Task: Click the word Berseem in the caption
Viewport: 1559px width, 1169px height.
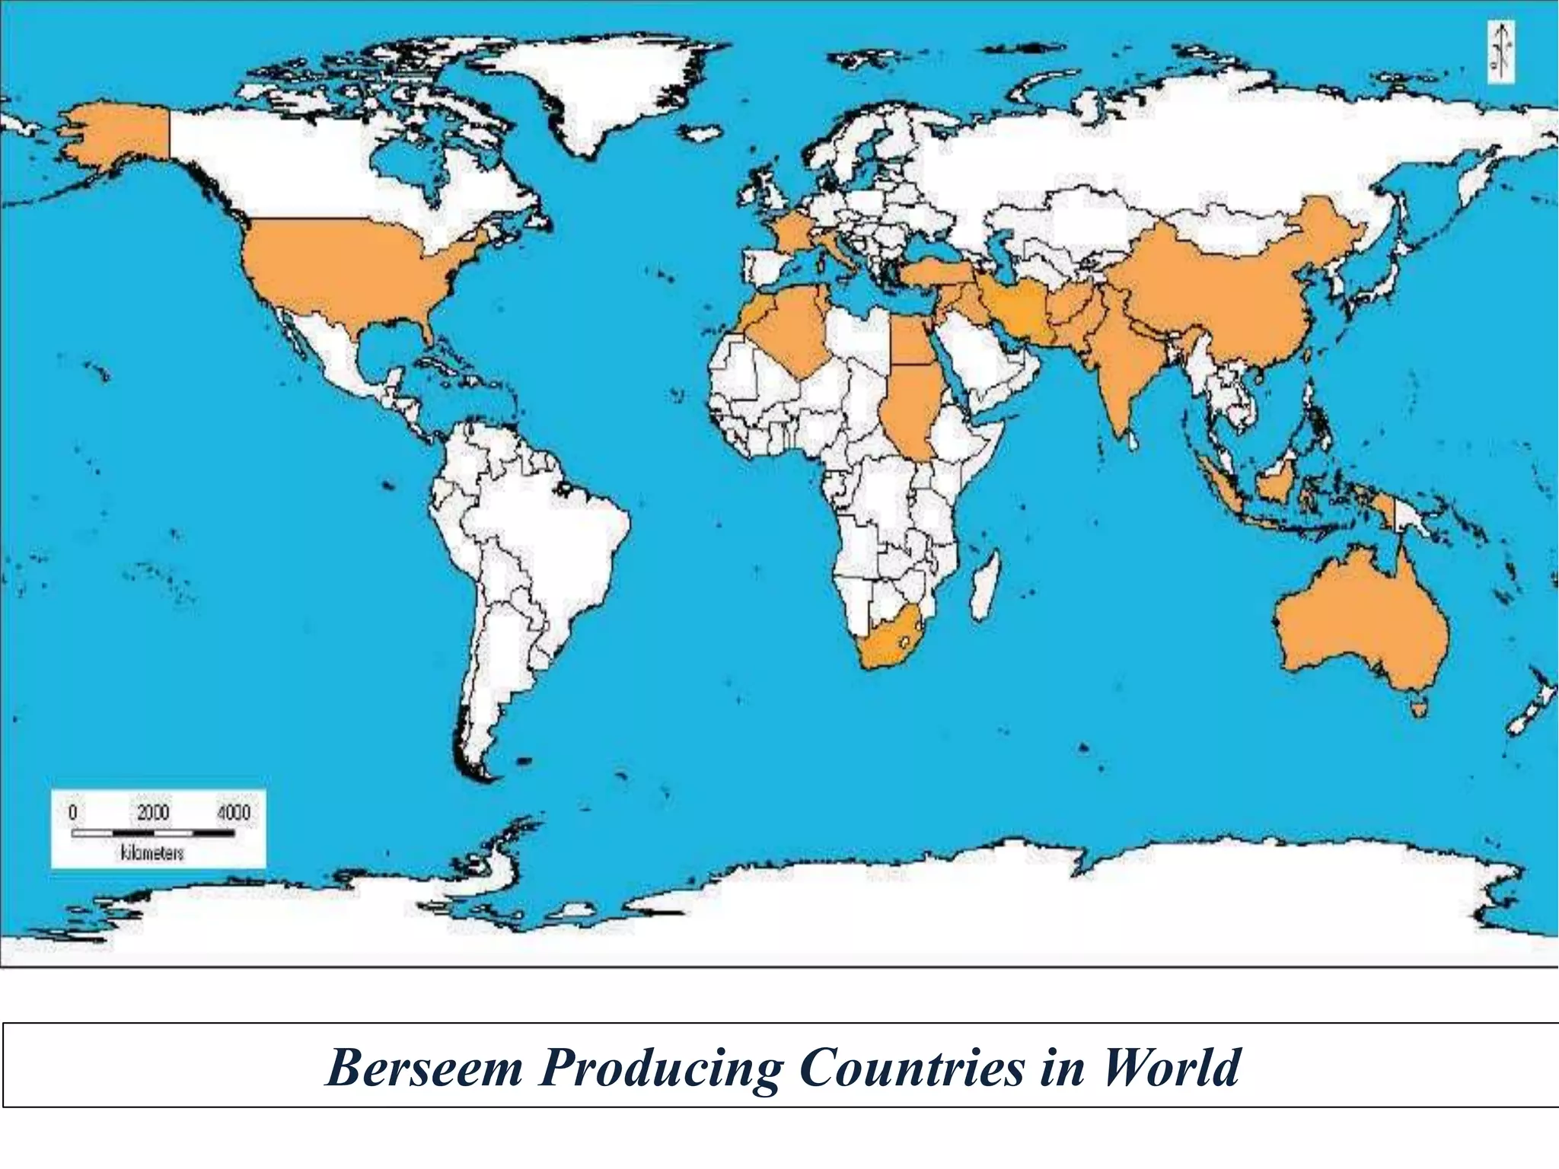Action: (x=424, y=1068)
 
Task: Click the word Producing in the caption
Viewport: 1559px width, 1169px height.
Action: (x=660, y=1068)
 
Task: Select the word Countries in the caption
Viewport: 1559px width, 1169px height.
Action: (x=912, y=1068)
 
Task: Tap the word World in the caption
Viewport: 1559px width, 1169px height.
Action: (x=1172, y=1068)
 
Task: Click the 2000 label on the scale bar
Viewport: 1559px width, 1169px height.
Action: (x=153, y=812)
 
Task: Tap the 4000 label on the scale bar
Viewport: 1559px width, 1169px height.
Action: (x=233, y=812)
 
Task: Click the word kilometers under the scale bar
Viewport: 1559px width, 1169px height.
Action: (x=152, y=853)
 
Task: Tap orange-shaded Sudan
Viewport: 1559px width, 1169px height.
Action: (x=910, y=407)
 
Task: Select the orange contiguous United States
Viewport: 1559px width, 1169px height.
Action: (x=343, y=266)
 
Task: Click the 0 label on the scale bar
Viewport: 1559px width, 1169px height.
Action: (x=72, y=812)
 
